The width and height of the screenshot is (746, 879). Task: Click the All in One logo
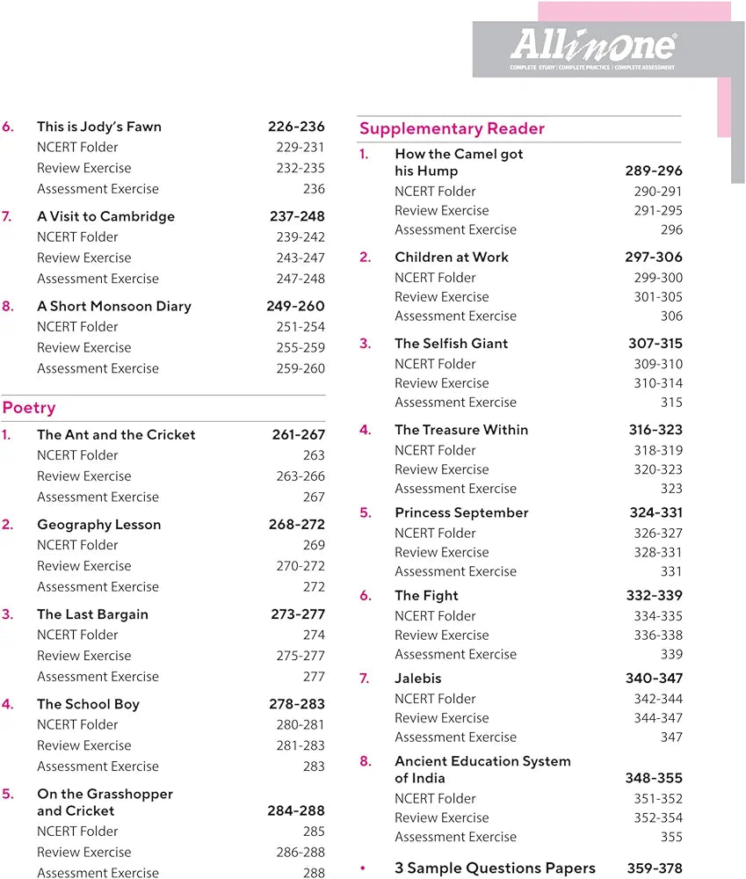(x=594, y=47)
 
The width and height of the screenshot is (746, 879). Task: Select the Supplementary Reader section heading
(x=452, y=129)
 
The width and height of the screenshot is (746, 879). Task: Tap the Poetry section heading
(x=29, y=408)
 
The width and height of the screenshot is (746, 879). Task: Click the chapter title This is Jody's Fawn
(x=99, y=127)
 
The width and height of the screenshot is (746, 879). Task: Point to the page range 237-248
(x=297, y=216)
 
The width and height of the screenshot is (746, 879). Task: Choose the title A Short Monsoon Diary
(x=113, y=306)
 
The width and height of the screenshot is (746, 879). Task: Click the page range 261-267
(x=298, y=434)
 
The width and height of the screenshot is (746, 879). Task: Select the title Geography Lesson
(x=98, y=525)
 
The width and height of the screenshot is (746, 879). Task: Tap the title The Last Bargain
(x=92, y=614)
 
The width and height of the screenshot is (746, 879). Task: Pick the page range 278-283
(x=297, y=704)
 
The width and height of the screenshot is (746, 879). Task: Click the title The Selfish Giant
(x=451, y=344)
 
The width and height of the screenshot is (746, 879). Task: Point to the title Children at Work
(x=452, y=258)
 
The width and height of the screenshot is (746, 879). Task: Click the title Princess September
(x=461, y=512)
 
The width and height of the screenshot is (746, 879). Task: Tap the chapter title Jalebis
(x=418, y=679)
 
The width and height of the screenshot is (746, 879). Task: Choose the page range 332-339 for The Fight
(x=654, y=596)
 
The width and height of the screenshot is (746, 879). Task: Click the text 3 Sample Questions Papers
(x=495, y=868)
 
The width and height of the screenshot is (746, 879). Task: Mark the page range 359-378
(x=654, y=868)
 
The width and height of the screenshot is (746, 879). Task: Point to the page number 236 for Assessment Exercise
(x=314, y=189)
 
